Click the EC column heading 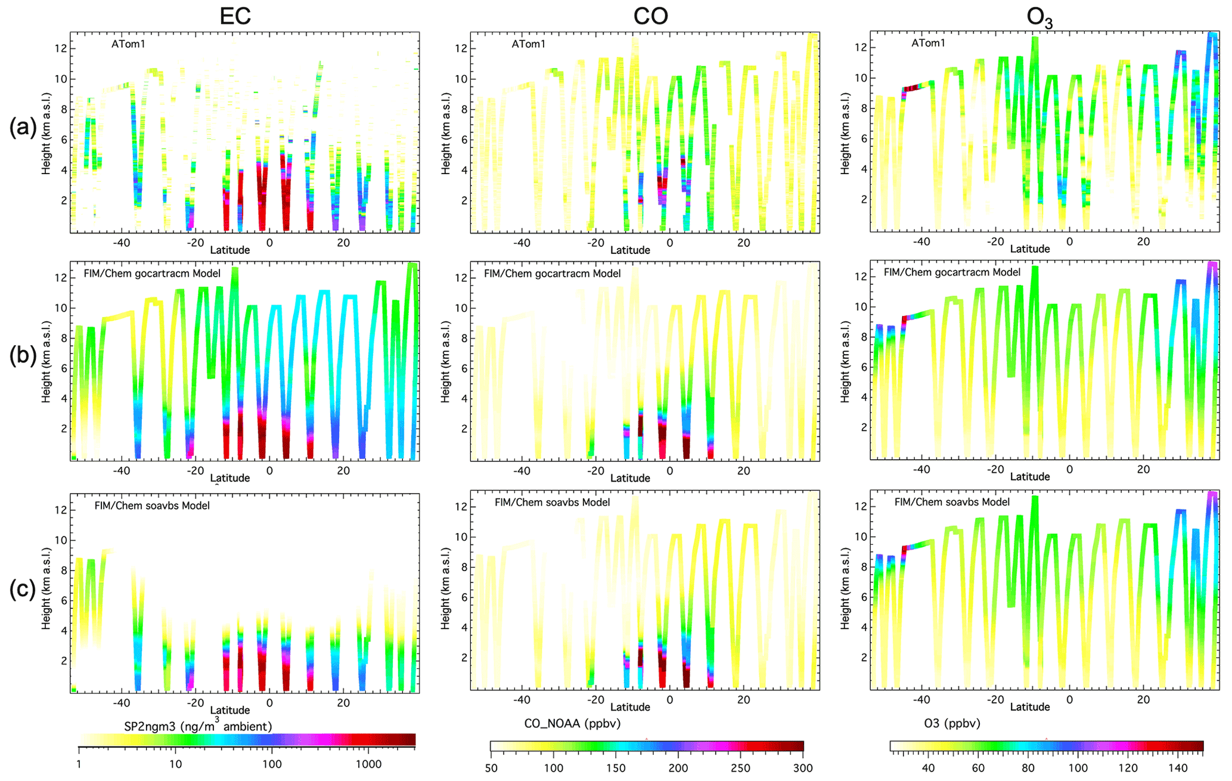(235, 16)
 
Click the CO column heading (650, 16)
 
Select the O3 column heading (1039, 18)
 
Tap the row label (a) (23, 127)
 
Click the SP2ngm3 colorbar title (198, 726)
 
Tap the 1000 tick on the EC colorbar (368, 764)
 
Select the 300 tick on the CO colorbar (803, 768)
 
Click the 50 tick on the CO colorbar (491, 768)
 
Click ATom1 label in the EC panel (128, 44)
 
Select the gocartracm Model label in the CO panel (552, 274)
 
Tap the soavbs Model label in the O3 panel (952, 502)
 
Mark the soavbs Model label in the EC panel (152, 506)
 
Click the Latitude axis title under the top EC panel (230, 250)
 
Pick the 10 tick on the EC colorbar (175, 764)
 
